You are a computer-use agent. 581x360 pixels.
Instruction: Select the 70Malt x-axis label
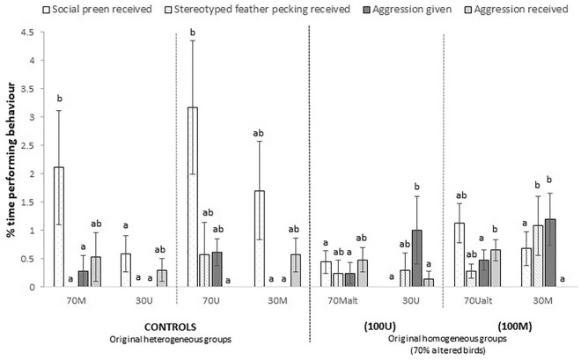click(345, 299)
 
